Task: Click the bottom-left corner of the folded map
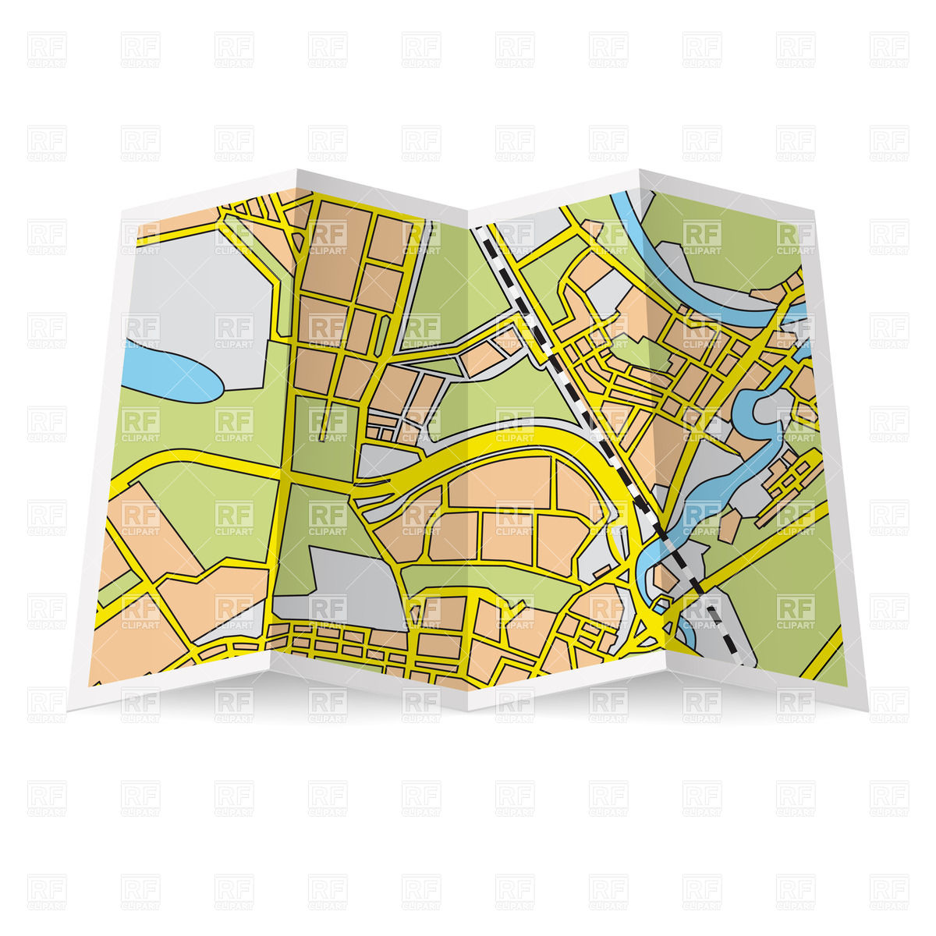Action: [69, 709]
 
